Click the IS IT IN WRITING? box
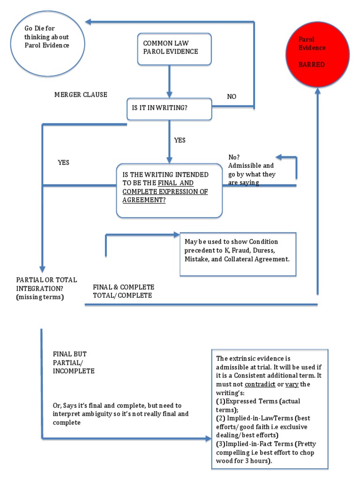[169, 108]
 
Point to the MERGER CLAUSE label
[81, 95]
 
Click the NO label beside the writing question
[232, 97]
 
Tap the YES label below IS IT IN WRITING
[180, 140]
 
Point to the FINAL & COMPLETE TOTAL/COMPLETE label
[123, 291]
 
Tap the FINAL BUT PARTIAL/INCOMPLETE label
[74, 362]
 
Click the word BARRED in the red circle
[312, 65]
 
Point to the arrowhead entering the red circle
[318, 92]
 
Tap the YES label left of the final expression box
[63, 163]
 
